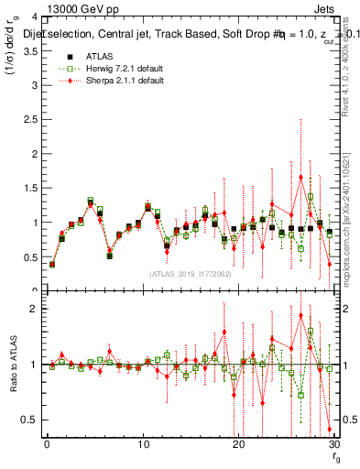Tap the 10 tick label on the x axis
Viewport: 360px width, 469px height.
click(x=142, y=444)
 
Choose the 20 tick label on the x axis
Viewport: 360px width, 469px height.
click(x=238, y=444)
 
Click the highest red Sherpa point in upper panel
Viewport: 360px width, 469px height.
click(x=300, y=177)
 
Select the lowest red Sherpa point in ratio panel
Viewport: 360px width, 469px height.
click(x=329, y=429)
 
